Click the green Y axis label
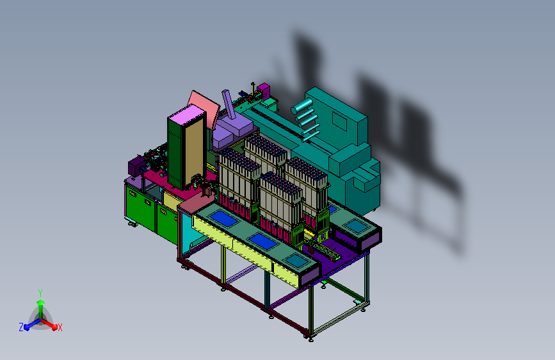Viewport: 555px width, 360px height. coord(40,293)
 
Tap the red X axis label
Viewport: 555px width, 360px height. coord(60,327)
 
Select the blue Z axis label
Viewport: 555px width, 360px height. coord(21,327)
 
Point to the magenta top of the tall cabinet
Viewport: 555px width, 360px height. coord(187,115)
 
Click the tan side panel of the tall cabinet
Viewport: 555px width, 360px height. coord(194,152)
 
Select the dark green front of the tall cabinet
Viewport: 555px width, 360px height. coord(175,153)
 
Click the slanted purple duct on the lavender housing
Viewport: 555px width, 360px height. coord(229,104)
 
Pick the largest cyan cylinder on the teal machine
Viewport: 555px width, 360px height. coord(302,106)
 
